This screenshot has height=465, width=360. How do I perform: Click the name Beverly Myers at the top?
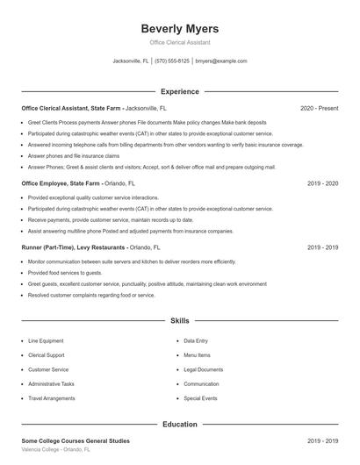point(179,28)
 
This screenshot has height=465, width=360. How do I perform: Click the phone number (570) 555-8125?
point(172,61)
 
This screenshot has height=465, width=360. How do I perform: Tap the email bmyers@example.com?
point(220,61)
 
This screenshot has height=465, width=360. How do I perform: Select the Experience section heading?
point(179,91)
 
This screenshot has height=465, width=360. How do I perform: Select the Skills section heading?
point(179,321)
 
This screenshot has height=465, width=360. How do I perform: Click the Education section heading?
point(179,424)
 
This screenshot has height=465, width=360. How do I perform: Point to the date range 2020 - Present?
point(319,108)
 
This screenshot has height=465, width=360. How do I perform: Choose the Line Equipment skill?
point(46,340)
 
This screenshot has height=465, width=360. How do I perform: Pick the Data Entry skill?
point(196,340)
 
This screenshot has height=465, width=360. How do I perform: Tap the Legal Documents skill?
point(203,369)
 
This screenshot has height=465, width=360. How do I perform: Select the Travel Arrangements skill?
point(51,398)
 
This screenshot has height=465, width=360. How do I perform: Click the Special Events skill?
point(200,398)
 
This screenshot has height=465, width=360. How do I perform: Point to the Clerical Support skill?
point(47,354)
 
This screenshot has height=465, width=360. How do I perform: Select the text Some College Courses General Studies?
point(75,440)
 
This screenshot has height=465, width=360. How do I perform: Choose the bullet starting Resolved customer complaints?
point(91,296)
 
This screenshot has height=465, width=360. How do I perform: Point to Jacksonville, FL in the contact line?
point(131,61)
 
